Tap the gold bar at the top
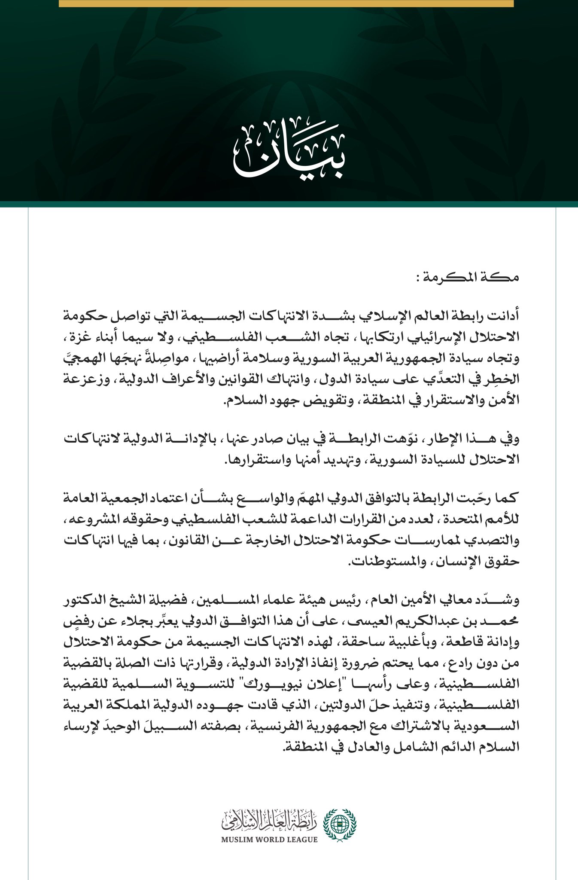(286, 3)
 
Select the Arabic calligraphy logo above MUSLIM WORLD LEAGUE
(269, 820)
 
